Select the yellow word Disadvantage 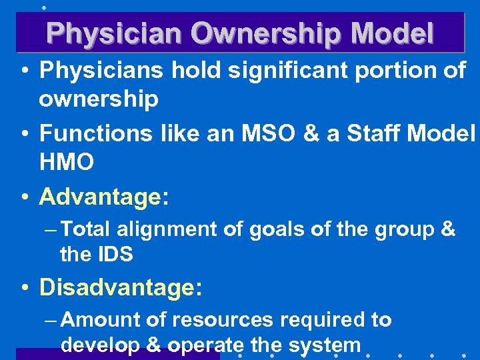click(116, 287)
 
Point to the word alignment click(167, 230)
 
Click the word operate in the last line click(212, 345)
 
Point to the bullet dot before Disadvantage click(25, 288)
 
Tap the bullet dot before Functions click(25, 134)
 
